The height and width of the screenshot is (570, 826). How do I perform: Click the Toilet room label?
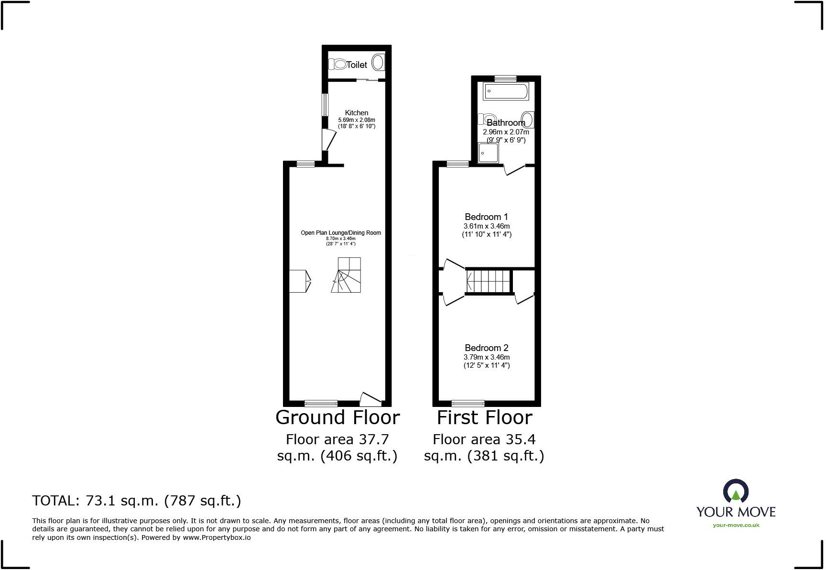[x=357, y=65]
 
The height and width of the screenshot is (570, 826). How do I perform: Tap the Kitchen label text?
[x=357, y=113]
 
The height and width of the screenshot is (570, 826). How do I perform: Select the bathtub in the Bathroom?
[x=506, y=91]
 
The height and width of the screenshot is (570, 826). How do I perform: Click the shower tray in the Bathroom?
[x=488, y=153]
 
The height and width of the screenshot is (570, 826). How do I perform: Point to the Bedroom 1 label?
[x=486, y=217]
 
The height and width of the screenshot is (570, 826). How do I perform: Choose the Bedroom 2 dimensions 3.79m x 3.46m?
[x=487, y=357]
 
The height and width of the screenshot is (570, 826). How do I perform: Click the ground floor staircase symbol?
[x=347, y=275]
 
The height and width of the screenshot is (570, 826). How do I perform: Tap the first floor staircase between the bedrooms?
[x=489, y=281]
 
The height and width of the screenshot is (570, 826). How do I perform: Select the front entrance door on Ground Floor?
[x=370, y=398]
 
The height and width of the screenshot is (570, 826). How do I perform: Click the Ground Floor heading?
[x=337, y=417]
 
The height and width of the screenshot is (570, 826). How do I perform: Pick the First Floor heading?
[x=484, y=417]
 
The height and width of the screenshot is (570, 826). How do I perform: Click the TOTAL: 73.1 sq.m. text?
[x=137, y=501]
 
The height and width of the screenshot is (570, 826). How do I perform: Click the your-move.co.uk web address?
[x=736, y=525]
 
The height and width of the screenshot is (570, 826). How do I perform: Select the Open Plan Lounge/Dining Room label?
[x=341, y=233]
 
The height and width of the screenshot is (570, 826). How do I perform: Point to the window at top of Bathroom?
[x=505, y=78]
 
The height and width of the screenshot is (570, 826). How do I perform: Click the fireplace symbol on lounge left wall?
[x=300, y=281]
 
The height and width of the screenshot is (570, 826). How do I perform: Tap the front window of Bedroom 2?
[x=467, y=403]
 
